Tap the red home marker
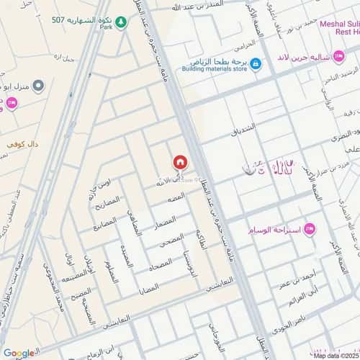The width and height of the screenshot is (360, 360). (180, 162)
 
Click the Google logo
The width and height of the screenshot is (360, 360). (19, 353)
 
